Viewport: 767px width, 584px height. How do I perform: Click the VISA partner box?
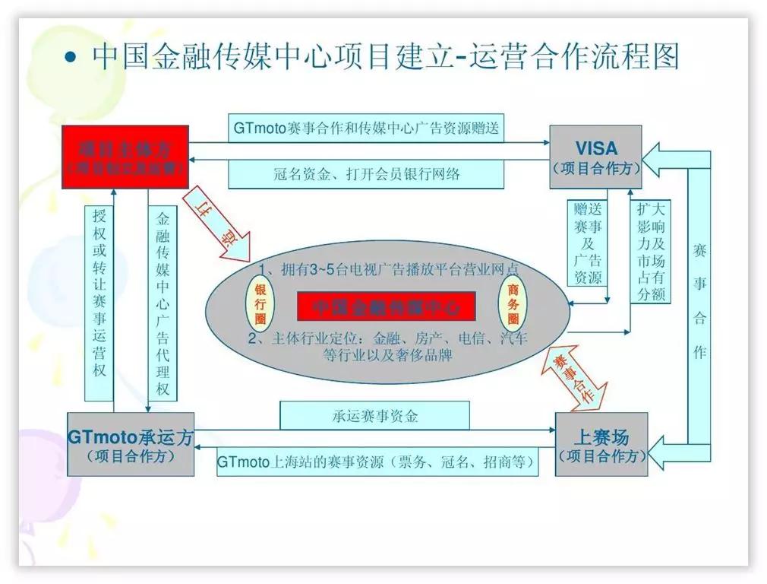[x=595, y=157]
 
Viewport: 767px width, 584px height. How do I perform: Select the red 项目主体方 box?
[x=126, y=157]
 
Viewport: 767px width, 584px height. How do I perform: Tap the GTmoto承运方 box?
[x=131, y=444]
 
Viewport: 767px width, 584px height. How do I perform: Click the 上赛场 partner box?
[x=601, y=444]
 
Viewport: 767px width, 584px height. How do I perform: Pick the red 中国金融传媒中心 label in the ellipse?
[x=386, y=306]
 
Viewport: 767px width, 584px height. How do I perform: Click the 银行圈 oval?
[x=260, y=303]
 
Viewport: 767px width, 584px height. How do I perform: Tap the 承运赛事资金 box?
[x=374, y=415]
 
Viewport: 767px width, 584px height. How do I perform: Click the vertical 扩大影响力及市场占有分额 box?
[x=649, y=251]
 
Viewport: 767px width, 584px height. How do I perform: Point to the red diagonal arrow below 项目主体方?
[x=217, y=221]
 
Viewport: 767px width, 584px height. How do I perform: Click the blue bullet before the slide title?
[x=71, y=59]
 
